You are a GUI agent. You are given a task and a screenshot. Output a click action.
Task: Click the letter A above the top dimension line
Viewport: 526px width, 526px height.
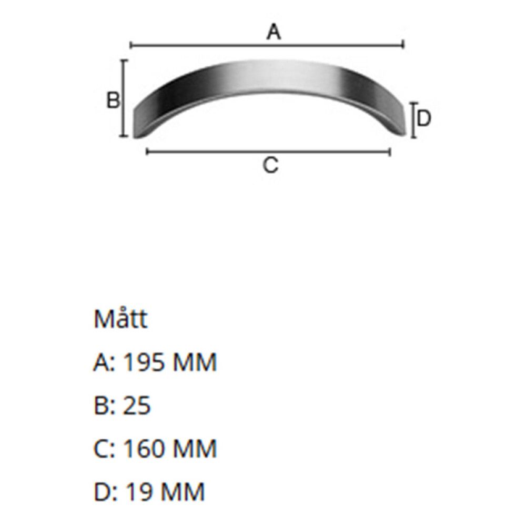pos(274,32)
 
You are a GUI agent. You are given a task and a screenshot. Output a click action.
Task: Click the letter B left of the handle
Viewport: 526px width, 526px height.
pos(113,100)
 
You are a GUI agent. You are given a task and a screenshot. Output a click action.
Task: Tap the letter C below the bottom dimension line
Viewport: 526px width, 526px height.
pos(270,165)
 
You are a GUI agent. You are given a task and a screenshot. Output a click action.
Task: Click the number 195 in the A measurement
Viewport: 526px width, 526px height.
pos(144,362)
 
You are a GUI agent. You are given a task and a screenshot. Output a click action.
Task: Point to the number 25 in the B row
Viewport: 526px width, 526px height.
pos(137,405)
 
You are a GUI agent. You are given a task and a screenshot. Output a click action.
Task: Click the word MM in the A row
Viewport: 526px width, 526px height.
pos(194,362)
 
